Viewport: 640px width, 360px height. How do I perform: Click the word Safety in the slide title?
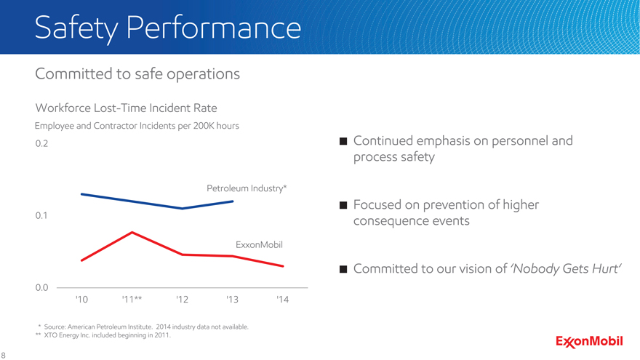click(76, 29)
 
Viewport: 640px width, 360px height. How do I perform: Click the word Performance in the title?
click(213, 29)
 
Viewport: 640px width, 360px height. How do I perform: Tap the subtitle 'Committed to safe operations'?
click(137, 74)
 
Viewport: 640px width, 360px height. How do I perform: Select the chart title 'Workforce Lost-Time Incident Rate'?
click(126, 108)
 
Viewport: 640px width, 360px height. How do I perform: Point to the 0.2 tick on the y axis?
click(41, 143)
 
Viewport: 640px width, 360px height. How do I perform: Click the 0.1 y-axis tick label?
click(41, 216)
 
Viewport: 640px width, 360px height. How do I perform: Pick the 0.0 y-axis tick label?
click(41, 288)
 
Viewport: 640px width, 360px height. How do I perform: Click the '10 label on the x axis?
click(82, 300)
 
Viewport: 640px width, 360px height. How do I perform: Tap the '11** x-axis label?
click(132, 300)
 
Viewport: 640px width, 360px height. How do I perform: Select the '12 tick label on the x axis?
click(183, 300)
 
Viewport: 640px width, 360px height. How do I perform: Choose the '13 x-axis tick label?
click(233, 300)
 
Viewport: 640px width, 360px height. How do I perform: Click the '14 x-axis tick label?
click(283, 300)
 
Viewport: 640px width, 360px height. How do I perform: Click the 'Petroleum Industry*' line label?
click(247, 188)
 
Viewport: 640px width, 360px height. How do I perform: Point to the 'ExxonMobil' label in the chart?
click(258, 244)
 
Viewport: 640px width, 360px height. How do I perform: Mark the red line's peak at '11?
click(132, 232)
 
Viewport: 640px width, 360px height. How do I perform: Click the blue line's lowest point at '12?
click(183, 209)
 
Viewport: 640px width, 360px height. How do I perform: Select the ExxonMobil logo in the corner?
click(589, 342)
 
